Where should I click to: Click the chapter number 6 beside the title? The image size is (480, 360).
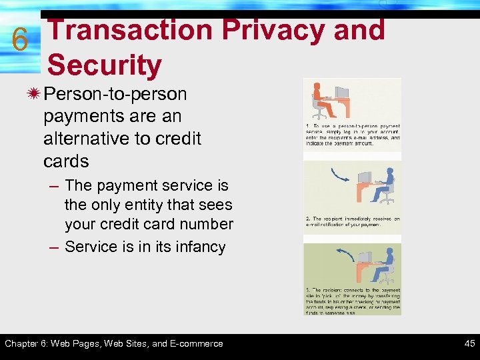click(20, 40)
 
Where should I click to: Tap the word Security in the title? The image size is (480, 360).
click(105, 65)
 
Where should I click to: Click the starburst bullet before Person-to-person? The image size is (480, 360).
click(33, 94)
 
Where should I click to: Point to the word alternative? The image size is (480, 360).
click(83, 138)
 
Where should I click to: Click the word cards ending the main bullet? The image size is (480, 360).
click(66, 161)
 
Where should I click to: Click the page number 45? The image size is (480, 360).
click(469, 344)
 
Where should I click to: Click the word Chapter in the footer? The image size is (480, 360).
click(23, 344)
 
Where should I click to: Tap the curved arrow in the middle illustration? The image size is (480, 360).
click(341, 175)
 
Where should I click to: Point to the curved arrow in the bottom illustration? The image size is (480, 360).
click(345, 254)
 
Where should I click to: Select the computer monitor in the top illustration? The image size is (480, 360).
click(341, 93)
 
